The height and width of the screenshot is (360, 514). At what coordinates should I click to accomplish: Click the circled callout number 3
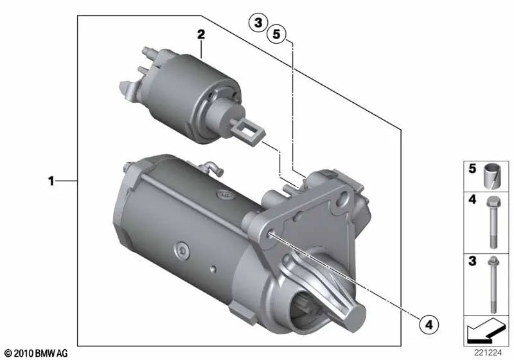pyautogui.click(x=258, y=23)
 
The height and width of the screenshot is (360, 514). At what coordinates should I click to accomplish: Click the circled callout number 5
pyautogui.click(x=276, y=34)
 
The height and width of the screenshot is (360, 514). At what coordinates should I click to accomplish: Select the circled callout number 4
pyautogui.click(x=429, y=325)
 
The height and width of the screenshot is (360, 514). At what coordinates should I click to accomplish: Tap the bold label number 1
pyautogui.click(x=51, y=181)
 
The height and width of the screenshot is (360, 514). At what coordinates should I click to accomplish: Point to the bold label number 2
pyautogui.click(x=201, y=34)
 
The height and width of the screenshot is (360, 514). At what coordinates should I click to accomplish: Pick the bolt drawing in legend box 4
pyautogui.click(x=492, y=222)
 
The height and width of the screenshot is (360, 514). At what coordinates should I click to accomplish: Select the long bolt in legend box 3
pyautogui.click(x=493, y=285)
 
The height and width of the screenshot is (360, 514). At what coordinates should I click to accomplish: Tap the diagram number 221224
pyautogui.click(x=488, y=352)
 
